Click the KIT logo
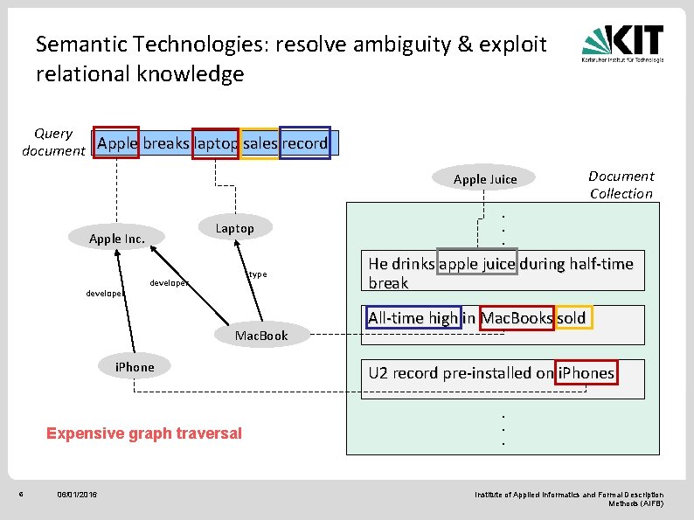pos(623,44)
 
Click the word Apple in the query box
pos(117,143)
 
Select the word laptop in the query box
pos(215,143)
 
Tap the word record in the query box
pos(304,143)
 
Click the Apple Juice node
pos(485,179)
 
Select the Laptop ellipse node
pos(234,228)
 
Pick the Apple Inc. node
pos(117,239)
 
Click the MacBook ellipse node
pos(260,336)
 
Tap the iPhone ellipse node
pos(135,367)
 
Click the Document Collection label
pos(621,184)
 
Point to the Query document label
pos(53,142)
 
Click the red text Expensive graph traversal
pos(144,433)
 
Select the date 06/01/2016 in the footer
pos(77,496)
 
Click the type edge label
pos(257,274)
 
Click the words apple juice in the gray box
pos(478,264)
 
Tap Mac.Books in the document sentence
pos(517,318)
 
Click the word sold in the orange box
pos(572,318)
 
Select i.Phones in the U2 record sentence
pos(586,373)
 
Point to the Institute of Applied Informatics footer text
pos(568,499)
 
